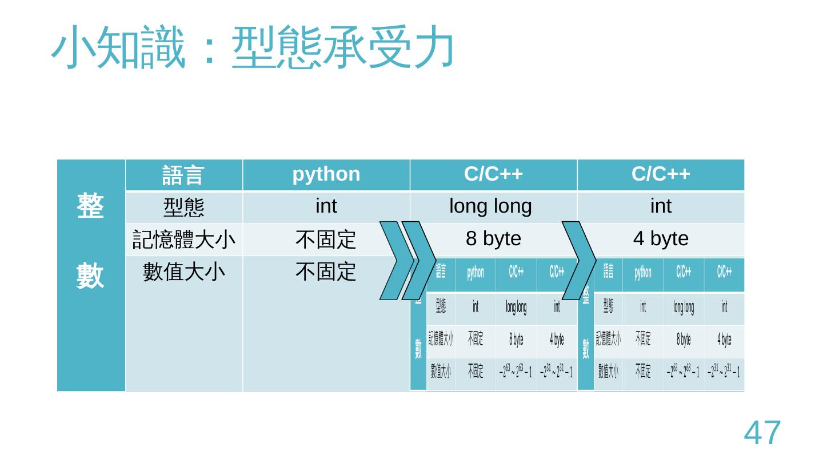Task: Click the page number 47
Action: [x=762, y=433]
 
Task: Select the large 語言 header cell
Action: [x=183, y=175]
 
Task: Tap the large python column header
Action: [x=326, y=174]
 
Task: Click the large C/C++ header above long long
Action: [x=493, y=174]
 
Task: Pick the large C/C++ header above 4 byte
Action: [x=661, y=174]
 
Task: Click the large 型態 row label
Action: [x=183, y=207]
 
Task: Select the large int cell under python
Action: [x=326, y=206]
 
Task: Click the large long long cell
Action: [x=491, y=206]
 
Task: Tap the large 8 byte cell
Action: [x=494, y=239]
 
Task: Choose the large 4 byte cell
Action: [x=661, y=239]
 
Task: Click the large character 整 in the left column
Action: [x=90, y=206]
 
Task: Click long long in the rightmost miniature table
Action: [x=683, y=308]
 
